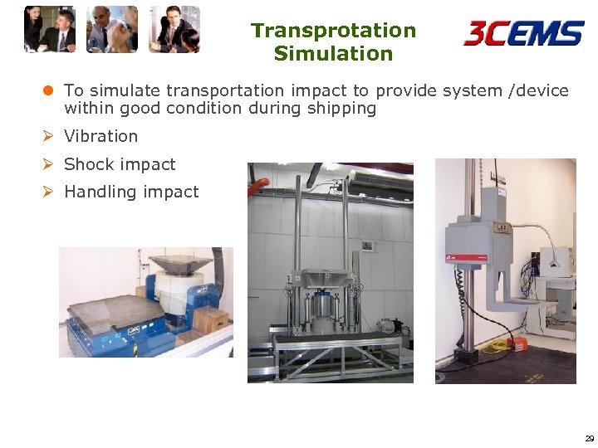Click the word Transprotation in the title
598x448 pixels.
tap(333, 31)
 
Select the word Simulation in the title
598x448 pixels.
tap(333, 54)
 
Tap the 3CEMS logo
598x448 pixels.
tap(523, 33)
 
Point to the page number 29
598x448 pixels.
tap(589, 438)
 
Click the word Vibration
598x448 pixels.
tap(100, 136)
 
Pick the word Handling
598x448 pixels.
tap(96, 192)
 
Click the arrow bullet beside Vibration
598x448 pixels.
tap(49, 136)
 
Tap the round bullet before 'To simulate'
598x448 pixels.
tap(49, 90)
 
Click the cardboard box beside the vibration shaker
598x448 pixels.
tap(211, 319)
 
